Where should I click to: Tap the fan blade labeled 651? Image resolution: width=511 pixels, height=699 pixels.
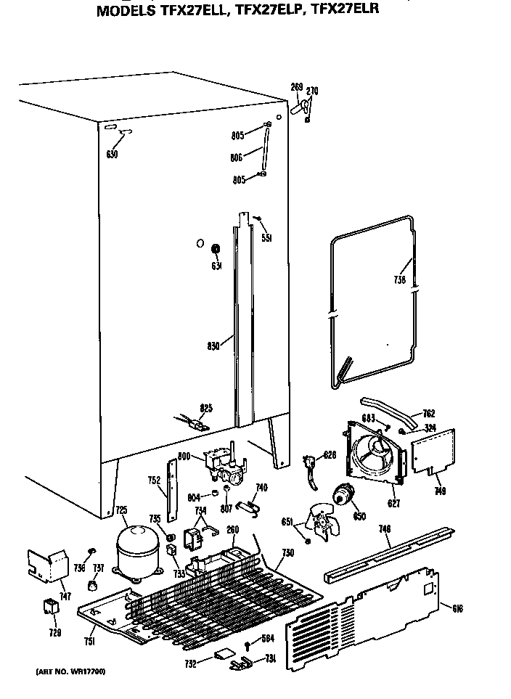pyautogui.click(x=321, y=520)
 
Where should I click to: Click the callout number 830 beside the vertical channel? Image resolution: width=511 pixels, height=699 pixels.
pyautogui.click(x=213, y=346)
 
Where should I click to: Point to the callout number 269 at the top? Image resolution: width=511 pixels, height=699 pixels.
pyautogui.click(x=296, y=87)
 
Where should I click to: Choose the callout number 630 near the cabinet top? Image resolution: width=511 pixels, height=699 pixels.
pyautogui.click(x=112, y=154)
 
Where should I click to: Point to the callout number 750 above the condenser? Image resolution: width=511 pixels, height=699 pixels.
pyautogui.click(x=287, y=552)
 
